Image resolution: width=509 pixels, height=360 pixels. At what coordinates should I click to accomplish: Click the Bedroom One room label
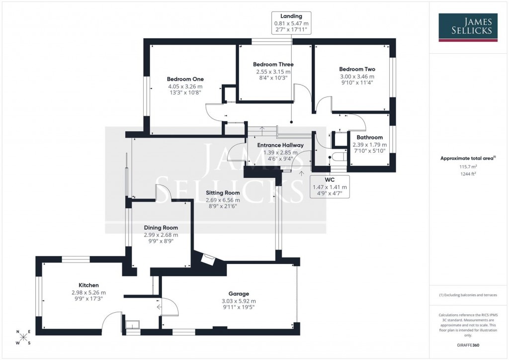[185, 79]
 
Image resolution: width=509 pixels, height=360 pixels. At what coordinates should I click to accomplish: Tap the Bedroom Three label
[273, 64]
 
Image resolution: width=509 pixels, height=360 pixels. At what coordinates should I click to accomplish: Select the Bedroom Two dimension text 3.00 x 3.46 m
[357, 77]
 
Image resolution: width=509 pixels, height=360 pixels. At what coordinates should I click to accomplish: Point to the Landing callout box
[291, 23]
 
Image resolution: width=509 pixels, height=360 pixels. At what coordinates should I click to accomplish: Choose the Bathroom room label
[369, 137]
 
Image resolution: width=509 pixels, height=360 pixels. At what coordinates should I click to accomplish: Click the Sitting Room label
[223, 193]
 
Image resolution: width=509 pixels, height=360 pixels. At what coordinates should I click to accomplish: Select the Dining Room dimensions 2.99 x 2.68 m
[160, 235]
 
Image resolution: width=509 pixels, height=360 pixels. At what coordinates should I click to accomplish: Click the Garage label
[239, 293]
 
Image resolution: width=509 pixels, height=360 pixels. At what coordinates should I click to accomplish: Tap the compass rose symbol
[23, 338]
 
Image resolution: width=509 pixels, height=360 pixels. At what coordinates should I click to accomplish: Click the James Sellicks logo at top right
[468, 27]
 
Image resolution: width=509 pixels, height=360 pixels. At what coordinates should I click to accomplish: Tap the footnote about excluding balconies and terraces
[468, 295]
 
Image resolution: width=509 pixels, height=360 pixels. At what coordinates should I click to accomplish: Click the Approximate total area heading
[468, 158]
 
